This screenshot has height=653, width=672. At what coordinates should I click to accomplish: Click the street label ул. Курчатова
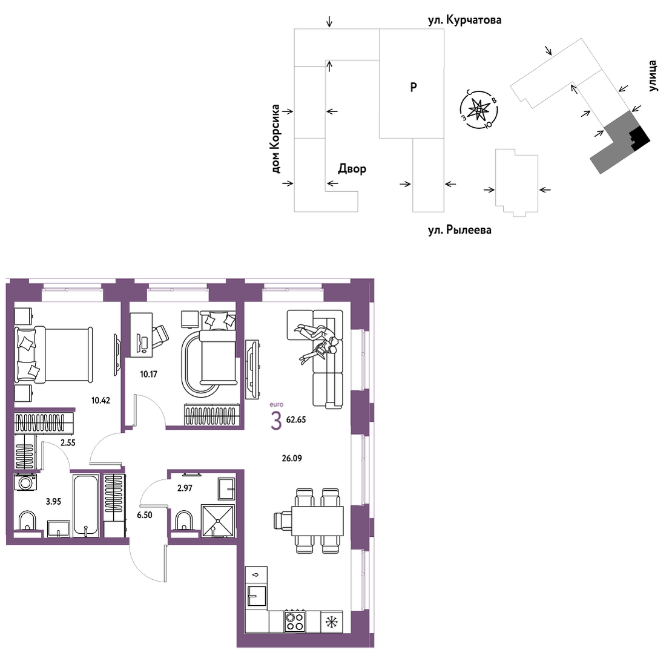[464, 20]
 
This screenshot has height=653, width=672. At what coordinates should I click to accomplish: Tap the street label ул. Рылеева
[460, 230]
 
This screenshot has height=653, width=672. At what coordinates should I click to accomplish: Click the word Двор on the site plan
[352, 169]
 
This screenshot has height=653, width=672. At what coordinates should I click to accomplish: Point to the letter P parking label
[413, 87]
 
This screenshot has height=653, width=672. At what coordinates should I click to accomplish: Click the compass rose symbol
[479, 110]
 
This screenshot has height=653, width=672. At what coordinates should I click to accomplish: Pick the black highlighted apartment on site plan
[639, 138]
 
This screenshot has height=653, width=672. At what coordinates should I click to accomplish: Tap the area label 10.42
[100, 401]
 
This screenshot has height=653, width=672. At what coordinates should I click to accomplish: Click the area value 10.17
[148, 374]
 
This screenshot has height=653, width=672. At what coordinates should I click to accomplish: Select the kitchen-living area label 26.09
[292, 459]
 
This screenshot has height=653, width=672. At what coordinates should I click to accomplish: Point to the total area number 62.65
[296, 420]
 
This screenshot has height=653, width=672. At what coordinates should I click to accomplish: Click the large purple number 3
[277, 421]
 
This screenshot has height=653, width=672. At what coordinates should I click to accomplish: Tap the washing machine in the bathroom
[25, 482]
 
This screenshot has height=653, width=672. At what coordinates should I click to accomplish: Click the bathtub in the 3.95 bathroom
[86, 505]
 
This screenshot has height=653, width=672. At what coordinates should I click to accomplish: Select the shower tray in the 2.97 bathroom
[218, 520]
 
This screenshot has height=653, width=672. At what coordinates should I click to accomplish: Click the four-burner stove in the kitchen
[295, 621]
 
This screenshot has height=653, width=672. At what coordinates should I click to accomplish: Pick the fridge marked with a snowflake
[332, 622]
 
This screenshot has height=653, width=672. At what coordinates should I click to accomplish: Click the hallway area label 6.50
[145, 515]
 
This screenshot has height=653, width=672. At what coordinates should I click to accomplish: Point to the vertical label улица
[652, 76]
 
